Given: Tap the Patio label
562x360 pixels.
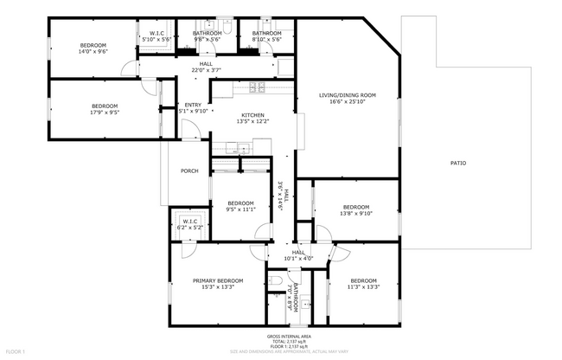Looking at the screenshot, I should (x=458, y=163).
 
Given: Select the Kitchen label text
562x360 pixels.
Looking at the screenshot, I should (x=252, y=115).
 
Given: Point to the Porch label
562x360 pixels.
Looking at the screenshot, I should (x=189, y=171).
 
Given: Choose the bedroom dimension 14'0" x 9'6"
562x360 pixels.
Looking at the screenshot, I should (x=93, y=52).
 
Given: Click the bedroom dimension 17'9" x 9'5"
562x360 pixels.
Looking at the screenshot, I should (x=104, y=112).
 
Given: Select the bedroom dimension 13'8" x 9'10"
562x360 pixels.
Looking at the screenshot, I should (x=355, y=214).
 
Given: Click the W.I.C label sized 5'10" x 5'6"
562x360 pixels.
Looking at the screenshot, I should (x=156, y=39).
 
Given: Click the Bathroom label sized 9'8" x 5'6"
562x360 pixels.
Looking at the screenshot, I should (x=208, y=39).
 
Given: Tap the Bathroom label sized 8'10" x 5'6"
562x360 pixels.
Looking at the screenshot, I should (x=260, y=39).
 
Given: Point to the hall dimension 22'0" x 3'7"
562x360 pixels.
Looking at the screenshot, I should (x=207, y=69).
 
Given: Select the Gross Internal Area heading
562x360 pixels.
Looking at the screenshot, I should (x=289, y=336).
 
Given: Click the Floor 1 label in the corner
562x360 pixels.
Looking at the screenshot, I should (x=16, y=351).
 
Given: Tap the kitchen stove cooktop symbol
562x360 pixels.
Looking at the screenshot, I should (x=257, y=86).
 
